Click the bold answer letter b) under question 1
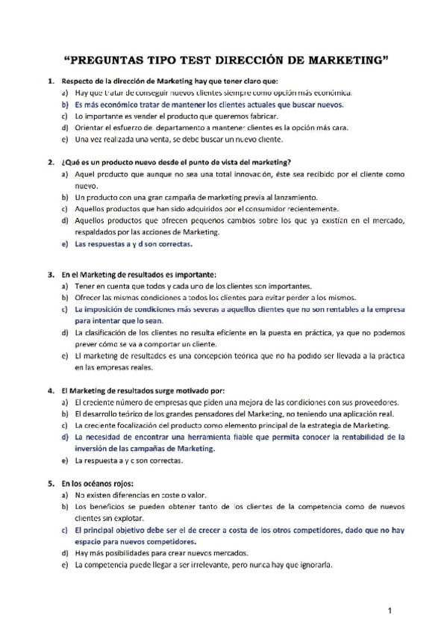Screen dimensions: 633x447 point(65,105)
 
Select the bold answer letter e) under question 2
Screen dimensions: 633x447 point(65,244)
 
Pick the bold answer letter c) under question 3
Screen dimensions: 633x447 point(65,308)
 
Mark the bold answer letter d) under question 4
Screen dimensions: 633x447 point(65,437)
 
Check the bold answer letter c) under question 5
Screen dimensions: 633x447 point(65,529)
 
